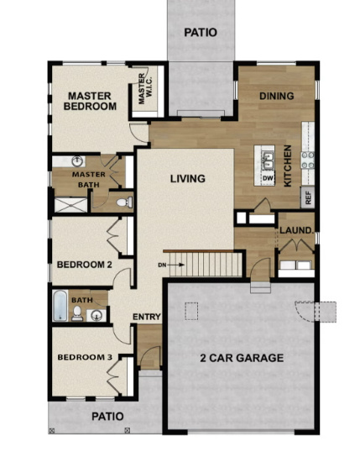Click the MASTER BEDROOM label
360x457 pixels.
[91, 101]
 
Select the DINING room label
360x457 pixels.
[276, 96]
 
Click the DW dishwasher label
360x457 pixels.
[267, 178]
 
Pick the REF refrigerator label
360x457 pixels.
[308, 198]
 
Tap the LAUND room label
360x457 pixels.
[295, 230]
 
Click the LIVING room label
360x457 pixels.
[188, 178]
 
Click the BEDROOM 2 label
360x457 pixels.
[84, 265]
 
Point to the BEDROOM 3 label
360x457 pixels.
[84, 358]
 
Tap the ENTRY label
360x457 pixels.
[146, 316]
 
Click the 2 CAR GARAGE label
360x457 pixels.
[242, 358]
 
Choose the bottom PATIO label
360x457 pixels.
[107, 416]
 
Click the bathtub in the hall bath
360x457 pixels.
[60, 307]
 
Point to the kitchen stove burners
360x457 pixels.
[308, 158]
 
